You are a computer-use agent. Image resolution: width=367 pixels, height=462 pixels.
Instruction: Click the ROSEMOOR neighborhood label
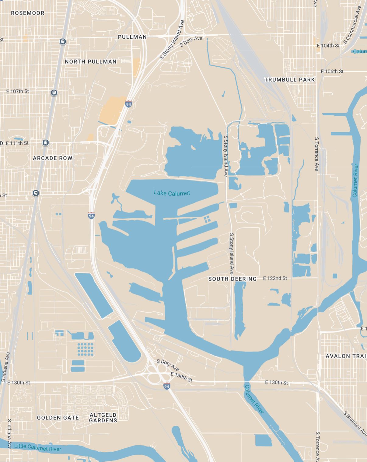(x=28, y=13)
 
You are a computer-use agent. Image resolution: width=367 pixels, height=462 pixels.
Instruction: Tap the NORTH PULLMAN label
(x=91, y=61)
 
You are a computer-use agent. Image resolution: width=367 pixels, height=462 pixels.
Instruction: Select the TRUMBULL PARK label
(x=290, y=80)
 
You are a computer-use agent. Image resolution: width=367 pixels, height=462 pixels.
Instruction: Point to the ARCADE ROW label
(x=53, y=158)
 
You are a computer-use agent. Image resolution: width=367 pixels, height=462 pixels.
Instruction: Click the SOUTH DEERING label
(x=232, y=279)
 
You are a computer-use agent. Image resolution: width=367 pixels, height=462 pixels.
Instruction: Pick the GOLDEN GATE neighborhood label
(x=58, y=418)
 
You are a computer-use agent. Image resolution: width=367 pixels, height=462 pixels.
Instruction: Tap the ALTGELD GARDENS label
(x=103, y=418)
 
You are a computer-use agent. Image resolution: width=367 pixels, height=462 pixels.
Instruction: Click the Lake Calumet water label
(x=172, y=193)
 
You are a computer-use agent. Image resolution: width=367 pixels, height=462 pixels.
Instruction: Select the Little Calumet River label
(x=38, y=447)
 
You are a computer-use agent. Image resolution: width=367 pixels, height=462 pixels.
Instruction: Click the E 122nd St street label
(x=275, y=278)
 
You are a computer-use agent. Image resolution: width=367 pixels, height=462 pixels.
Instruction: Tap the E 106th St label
(x=332, y=72)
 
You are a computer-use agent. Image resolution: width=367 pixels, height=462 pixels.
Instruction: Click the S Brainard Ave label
(x=355, y=423)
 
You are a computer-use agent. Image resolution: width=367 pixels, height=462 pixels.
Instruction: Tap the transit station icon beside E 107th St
(x=54, y=93)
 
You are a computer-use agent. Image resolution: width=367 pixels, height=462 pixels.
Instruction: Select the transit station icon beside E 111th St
(x=45, y=142)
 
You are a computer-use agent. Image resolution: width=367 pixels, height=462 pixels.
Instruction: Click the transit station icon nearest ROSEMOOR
(x=63, y=41)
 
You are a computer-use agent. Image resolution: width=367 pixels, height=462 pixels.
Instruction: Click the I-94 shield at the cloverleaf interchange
(x=166, y=386)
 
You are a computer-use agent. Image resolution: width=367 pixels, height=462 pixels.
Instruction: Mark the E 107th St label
(x=18, y=91)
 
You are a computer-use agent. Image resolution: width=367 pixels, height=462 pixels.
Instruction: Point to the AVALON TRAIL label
(x=346, y=356)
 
